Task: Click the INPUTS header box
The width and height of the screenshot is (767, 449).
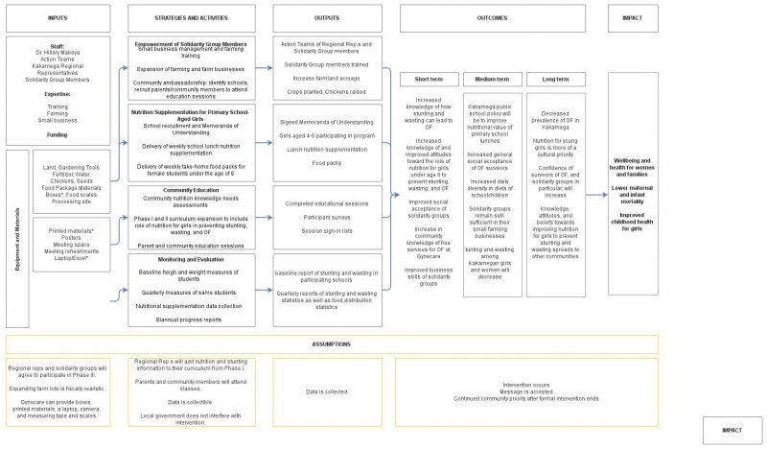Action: [x=58, y=17]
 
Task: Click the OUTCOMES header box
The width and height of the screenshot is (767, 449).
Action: [x=494, y=17]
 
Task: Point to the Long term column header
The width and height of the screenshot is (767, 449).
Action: [x=555, y=79]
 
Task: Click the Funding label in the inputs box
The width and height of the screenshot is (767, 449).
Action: [x=58, y=136]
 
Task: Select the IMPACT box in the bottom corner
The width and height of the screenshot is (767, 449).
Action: [x=732, y=429]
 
